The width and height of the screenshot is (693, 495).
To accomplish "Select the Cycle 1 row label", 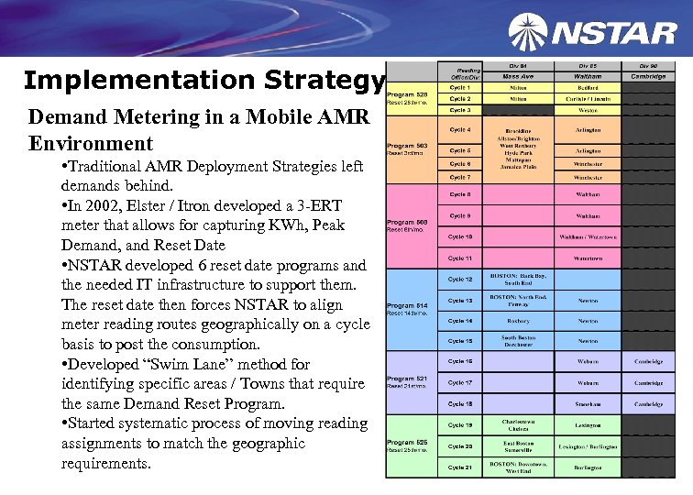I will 460,87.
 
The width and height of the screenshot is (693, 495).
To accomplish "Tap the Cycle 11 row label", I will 460,259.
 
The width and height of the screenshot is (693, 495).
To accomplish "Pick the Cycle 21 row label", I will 460,467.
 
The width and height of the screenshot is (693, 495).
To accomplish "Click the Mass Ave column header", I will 518,76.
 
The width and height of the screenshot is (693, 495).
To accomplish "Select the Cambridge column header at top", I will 648,76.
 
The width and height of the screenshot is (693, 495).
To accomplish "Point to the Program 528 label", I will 408,96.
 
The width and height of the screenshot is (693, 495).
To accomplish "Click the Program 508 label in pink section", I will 408,223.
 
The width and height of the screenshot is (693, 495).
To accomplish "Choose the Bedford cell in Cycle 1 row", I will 588,87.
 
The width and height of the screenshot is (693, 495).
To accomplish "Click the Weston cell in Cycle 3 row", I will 588,109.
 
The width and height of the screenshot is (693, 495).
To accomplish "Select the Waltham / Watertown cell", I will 588,236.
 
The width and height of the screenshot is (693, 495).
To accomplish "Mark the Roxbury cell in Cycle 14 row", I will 518,321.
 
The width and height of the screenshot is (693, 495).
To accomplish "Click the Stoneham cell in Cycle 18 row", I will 588,403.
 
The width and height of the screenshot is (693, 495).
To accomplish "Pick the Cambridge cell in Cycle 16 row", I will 648,361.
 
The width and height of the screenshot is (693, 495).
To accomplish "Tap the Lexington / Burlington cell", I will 588,445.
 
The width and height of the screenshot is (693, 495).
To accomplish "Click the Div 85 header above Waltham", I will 588,66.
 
